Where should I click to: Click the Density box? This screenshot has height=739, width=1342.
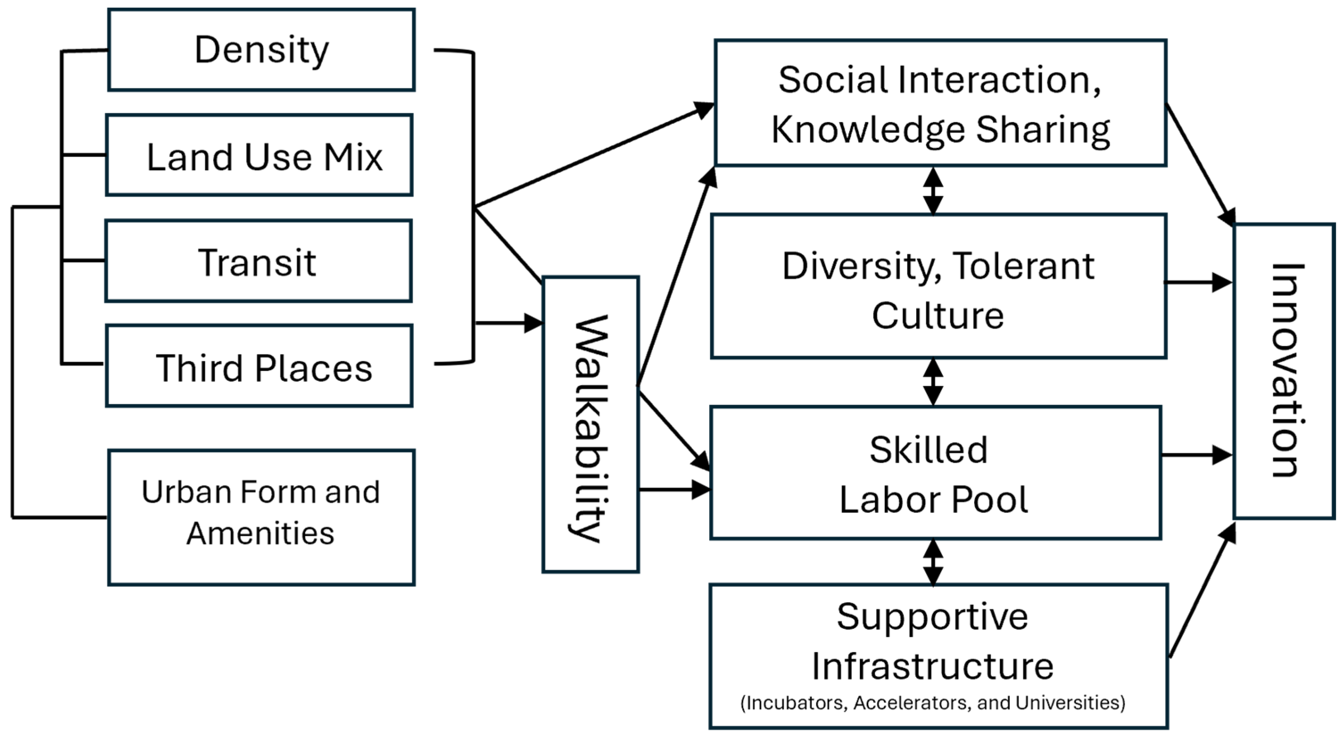point(261,50)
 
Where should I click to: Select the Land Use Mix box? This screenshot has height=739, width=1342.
point(259,155)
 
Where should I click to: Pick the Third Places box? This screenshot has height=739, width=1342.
point(259,366)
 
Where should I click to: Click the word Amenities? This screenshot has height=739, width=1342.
point(260,534)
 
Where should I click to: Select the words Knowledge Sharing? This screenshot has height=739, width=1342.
point(940,130)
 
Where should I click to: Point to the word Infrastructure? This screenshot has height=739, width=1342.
point(932,667)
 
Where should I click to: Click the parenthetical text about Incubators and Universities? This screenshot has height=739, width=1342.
point(932,703)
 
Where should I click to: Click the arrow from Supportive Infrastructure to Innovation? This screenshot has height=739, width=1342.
point(1201,592)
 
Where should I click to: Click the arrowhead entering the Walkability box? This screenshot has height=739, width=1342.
point(533,323)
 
